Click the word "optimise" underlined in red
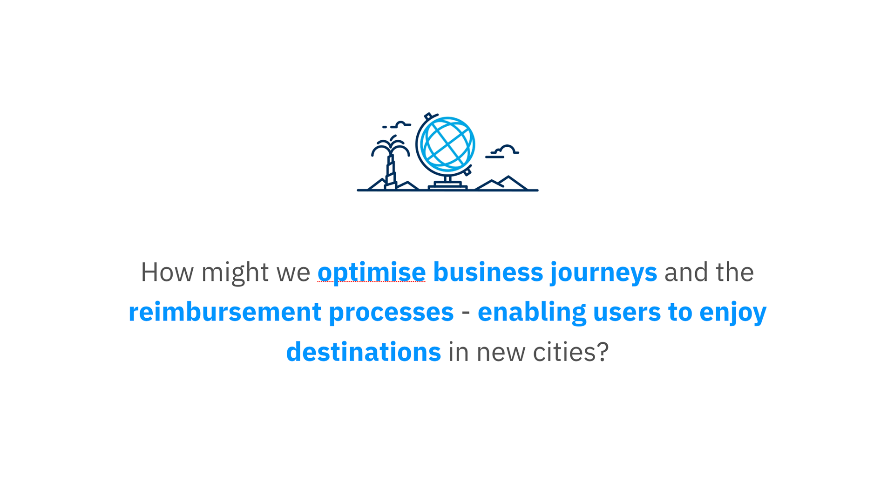point(372,273)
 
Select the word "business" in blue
point(488,272)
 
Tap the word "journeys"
point(604,273)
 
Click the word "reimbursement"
point(225,312)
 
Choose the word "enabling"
point(532,313)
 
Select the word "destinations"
point(364,352)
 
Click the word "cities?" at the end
point(571,352)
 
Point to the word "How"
point(167,272)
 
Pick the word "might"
point(235,273)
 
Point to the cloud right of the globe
point(502,151)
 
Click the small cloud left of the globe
point(397,125)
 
